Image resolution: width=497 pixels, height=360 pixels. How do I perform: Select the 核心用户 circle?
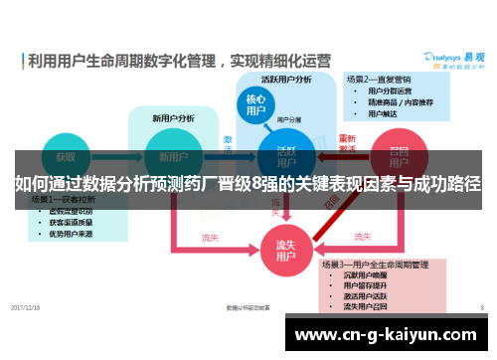[x=255, y=105]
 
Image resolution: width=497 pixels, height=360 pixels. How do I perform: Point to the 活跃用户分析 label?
[x=286, y=79]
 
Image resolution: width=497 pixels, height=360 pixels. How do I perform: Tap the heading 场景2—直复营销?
[x=378, y=78]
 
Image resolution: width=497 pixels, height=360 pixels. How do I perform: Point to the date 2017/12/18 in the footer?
[x=25, y=307]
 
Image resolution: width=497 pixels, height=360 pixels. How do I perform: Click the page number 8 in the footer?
[x=481, y=307]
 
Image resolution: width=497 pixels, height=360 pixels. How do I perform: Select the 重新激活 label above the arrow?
[x=347, y=142]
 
